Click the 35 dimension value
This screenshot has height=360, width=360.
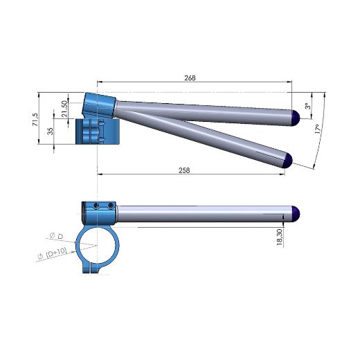click(x=51, y=132)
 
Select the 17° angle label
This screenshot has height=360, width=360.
click(x=317, y=130)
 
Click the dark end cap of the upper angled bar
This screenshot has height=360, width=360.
click(x=294, y=117)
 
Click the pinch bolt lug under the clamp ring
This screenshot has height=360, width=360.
click(x=93, y=266)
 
